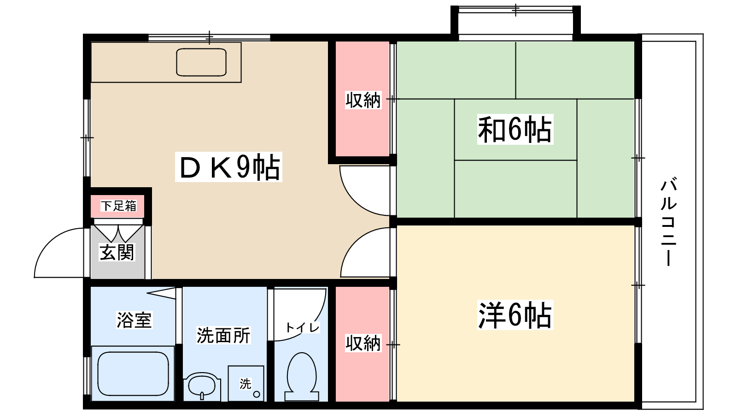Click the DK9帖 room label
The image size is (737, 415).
click(228, 167)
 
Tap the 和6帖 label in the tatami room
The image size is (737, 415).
click(515, 130)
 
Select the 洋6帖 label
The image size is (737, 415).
click(515, 315)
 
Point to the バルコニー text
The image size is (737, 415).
click(668, 221)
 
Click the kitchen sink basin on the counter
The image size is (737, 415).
click(201, 62)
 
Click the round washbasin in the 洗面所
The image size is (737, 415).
click(201, 385)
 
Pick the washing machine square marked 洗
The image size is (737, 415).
click(246, 383)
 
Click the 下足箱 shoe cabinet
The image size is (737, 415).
click(118, 206)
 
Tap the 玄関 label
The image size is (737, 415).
click(117, 252)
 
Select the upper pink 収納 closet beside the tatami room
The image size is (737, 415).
click(363, 100)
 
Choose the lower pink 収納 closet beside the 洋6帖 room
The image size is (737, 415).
click(363, 344)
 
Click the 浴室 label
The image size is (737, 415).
click(134, 320)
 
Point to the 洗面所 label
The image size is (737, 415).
click(223, 336)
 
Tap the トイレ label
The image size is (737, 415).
click(302, 327)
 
